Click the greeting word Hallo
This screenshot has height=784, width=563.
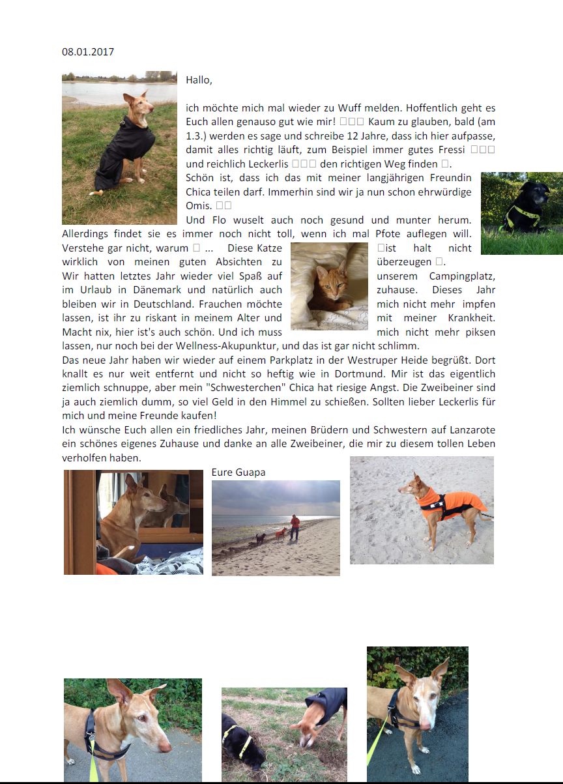(199, 80)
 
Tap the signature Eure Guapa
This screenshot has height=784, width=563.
(238, 472)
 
